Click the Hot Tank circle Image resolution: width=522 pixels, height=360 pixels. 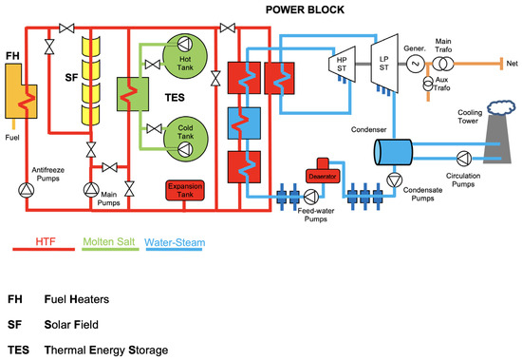tap(179, 56)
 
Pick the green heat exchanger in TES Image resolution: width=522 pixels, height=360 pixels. tap(127, 96)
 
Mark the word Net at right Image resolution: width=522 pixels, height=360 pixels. tap(509, 65)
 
